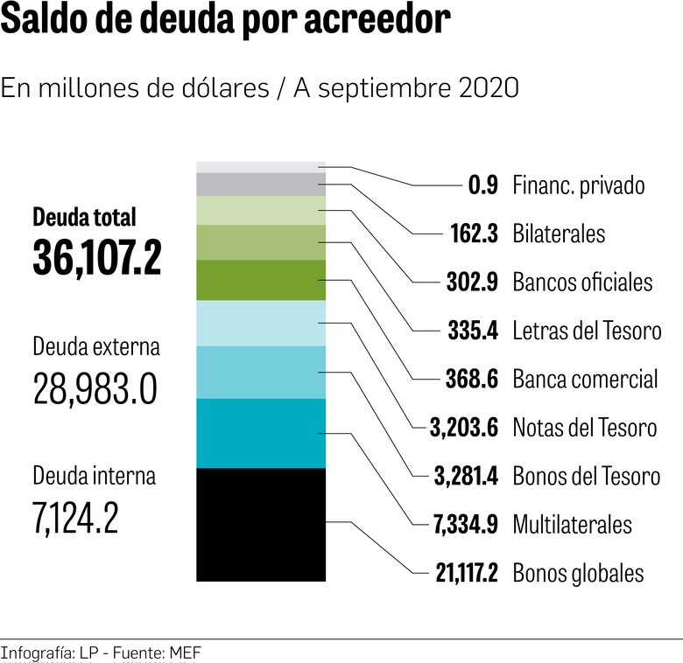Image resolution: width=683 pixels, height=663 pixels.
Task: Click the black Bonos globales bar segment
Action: click(261, 524)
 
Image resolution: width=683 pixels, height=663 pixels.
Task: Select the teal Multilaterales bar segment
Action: click(261, 433)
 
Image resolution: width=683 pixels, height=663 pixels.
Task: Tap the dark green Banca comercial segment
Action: click(261, 280)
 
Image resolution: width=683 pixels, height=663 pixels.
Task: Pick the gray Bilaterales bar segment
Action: click(261, 185)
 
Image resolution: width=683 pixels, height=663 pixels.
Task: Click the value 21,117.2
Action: click(467, 573)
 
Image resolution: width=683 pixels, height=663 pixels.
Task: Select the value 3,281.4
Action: click(467, 476)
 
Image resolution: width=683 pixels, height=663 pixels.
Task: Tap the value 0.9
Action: click(482, 185)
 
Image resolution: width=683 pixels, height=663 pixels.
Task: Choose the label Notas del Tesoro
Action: click(584, 428)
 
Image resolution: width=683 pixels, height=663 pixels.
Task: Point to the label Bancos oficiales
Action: click(582, 283)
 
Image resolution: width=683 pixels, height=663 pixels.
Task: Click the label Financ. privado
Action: click(579, 185)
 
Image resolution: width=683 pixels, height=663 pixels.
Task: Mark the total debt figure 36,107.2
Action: click(97, 257)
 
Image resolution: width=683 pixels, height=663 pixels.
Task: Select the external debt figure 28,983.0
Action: click(95, 387)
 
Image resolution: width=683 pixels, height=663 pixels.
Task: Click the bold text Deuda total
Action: click(85, 216)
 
